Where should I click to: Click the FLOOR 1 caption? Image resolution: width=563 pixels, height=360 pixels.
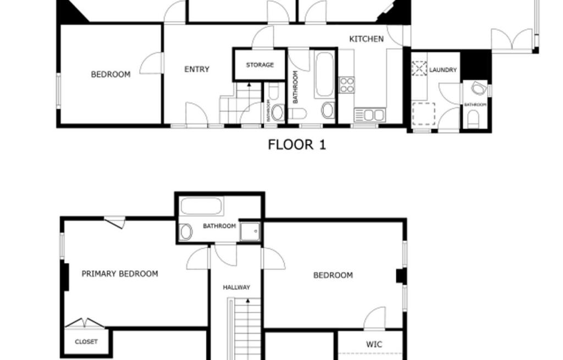pos(297,145)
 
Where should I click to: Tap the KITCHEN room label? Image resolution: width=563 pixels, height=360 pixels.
pos(366,39)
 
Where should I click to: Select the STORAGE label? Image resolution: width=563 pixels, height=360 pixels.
pos(260,65)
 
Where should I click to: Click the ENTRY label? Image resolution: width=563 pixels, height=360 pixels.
pos(197,69)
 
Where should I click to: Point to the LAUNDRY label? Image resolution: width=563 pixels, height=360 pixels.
pos(443,70)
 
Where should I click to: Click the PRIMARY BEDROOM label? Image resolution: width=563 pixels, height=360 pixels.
pos(120,274)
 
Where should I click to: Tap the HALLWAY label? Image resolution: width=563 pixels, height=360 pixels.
pos(236,287)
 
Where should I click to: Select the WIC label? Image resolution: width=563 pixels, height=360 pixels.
pos(374,345)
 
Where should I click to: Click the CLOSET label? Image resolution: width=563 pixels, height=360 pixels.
pos(86,342)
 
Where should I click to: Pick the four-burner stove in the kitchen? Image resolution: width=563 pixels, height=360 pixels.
pos(347,85)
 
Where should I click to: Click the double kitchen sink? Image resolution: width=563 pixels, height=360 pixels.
pos(370,115)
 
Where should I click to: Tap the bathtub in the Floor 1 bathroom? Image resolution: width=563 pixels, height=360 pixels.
pos(324,74)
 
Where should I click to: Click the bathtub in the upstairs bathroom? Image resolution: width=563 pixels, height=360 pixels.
pos(201,207)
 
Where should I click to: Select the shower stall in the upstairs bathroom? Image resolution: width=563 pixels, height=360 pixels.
pos(250,232)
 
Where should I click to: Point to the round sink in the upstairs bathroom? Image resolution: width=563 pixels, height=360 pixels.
pos(186,232)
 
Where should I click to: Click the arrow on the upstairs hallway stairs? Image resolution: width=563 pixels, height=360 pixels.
pos(248,301)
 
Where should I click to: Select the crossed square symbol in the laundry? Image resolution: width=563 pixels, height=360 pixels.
pos(420,69)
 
